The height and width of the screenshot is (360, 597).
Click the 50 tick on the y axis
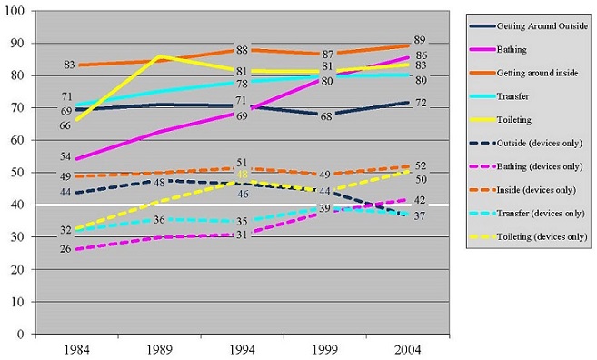point(19,173)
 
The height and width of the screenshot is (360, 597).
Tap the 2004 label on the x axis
point(406,349)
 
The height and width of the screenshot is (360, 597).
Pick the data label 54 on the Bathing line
point(66,158)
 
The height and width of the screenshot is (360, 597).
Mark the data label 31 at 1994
point(243,235)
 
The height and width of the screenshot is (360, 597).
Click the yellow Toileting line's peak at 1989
point(161,56)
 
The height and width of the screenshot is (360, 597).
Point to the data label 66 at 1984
point(66,125)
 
